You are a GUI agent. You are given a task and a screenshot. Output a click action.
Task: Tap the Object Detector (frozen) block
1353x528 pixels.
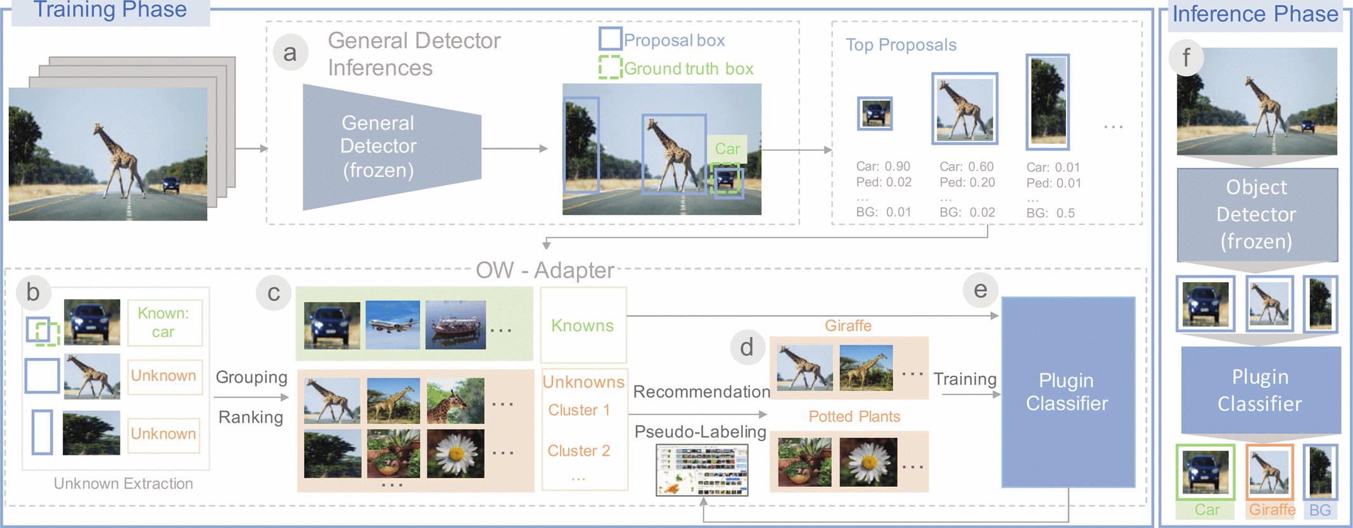pyautogui.click(x=1257, y=214)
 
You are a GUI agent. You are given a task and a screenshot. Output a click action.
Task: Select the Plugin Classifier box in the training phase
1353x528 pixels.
pyautogui.click(x=1067, y=392)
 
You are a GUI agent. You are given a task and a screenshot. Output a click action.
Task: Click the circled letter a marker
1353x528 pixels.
pyautogui.click(x=290, y=53)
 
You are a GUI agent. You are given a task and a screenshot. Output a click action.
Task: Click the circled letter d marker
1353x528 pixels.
pyautogui.click(x=747, y=347)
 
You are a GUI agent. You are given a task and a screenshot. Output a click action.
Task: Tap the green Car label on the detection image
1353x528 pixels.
pyautogui.click(x=727, y=149)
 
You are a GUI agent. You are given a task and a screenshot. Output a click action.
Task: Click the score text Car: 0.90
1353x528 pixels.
pyautogui.click(x=883, y=166)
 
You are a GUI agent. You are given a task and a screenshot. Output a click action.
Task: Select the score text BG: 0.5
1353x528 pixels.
pyautogui.click(x=1050, y=213)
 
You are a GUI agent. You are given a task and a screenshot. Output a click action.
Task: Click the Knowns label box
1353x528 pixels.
pyautogui.click(x=583, y=325)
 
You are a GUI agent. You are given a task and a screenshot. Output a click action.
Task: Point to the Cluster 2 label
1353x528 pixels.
pyautogui.click(x=578, y=451)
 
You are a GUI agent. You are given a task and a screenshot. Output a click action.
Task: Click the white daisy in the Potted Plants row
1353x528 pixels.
pyautogui.click(x=868, y=462)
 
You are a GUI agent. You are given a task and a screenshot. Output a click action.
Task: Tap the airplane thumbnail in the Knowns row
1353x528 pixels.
pyautogui.click(x=393, y=325)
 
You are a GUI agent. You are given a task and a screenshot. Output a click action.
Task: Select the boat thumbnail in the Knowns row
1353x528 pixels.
pyautogui.click(x=455, y=325)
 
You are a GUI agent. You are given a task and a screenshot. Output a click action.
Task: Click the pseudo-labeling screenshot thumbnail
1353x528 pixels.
pyautogui.click(x=702, y=470)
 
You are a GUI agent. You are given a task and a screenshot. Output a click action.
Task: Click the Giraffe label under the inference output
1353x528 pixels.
pyautogui.click(x=1272, y=510)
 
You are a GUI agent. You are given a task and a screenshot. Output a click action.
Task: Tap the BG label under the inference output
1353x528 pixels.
pyautogui.click(x=1320, y=510)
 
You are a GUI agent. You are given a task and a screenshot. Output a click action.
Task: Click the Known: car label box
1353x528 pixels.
pyautogui.click(x=165, y=323)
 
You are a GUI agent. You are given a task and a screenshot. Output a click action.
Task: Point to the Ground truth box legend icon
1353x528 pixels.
pyautogui.click(x=610, y=67)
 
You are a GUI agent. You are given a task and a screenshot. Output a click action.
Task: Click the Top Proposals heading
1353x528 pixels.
pyautogui.click(x=901, y=45)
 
